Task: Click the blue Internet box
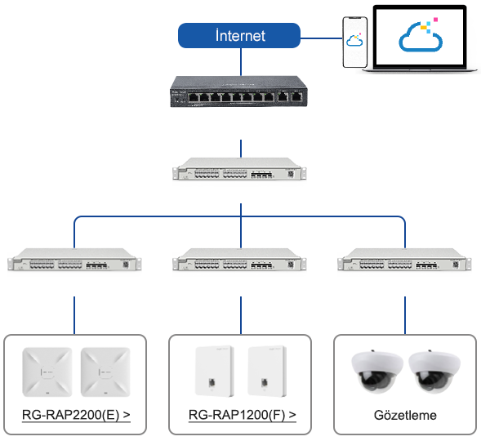tap(239, 36)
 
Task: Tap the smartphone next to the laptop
tap(355, 42)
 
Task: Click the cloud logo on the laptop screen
tap(421, 37)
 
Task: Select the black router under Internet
tap(238, 91)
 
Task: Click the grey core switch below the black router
tap(239, 169)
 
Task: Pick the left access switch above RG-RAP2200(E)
tap(74, 260)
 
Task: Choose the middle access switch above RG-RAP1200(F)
tap(239, 260)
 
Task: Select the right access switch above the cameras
tap(404, 260)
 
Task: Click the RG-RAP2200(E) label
tap(76, 415)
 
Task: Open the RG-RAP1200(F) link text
tap(243, 415)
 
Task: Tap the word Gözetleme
tap(405, 415)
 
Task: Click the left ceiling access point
tap(47, 372)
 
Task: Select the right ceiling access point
tap(105, 372)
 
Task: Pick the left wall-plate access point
tap(215, 371)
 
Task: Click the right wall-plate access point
tap(267, 371)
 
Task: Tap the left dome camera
tap(377, 372)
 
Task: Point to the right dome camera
tap(434, 372)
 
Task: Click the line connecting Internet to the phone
tap(321, 38)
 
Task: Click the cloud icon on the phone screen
tap(354, 40)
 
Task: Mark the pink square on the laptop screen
tap(435, 20)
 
